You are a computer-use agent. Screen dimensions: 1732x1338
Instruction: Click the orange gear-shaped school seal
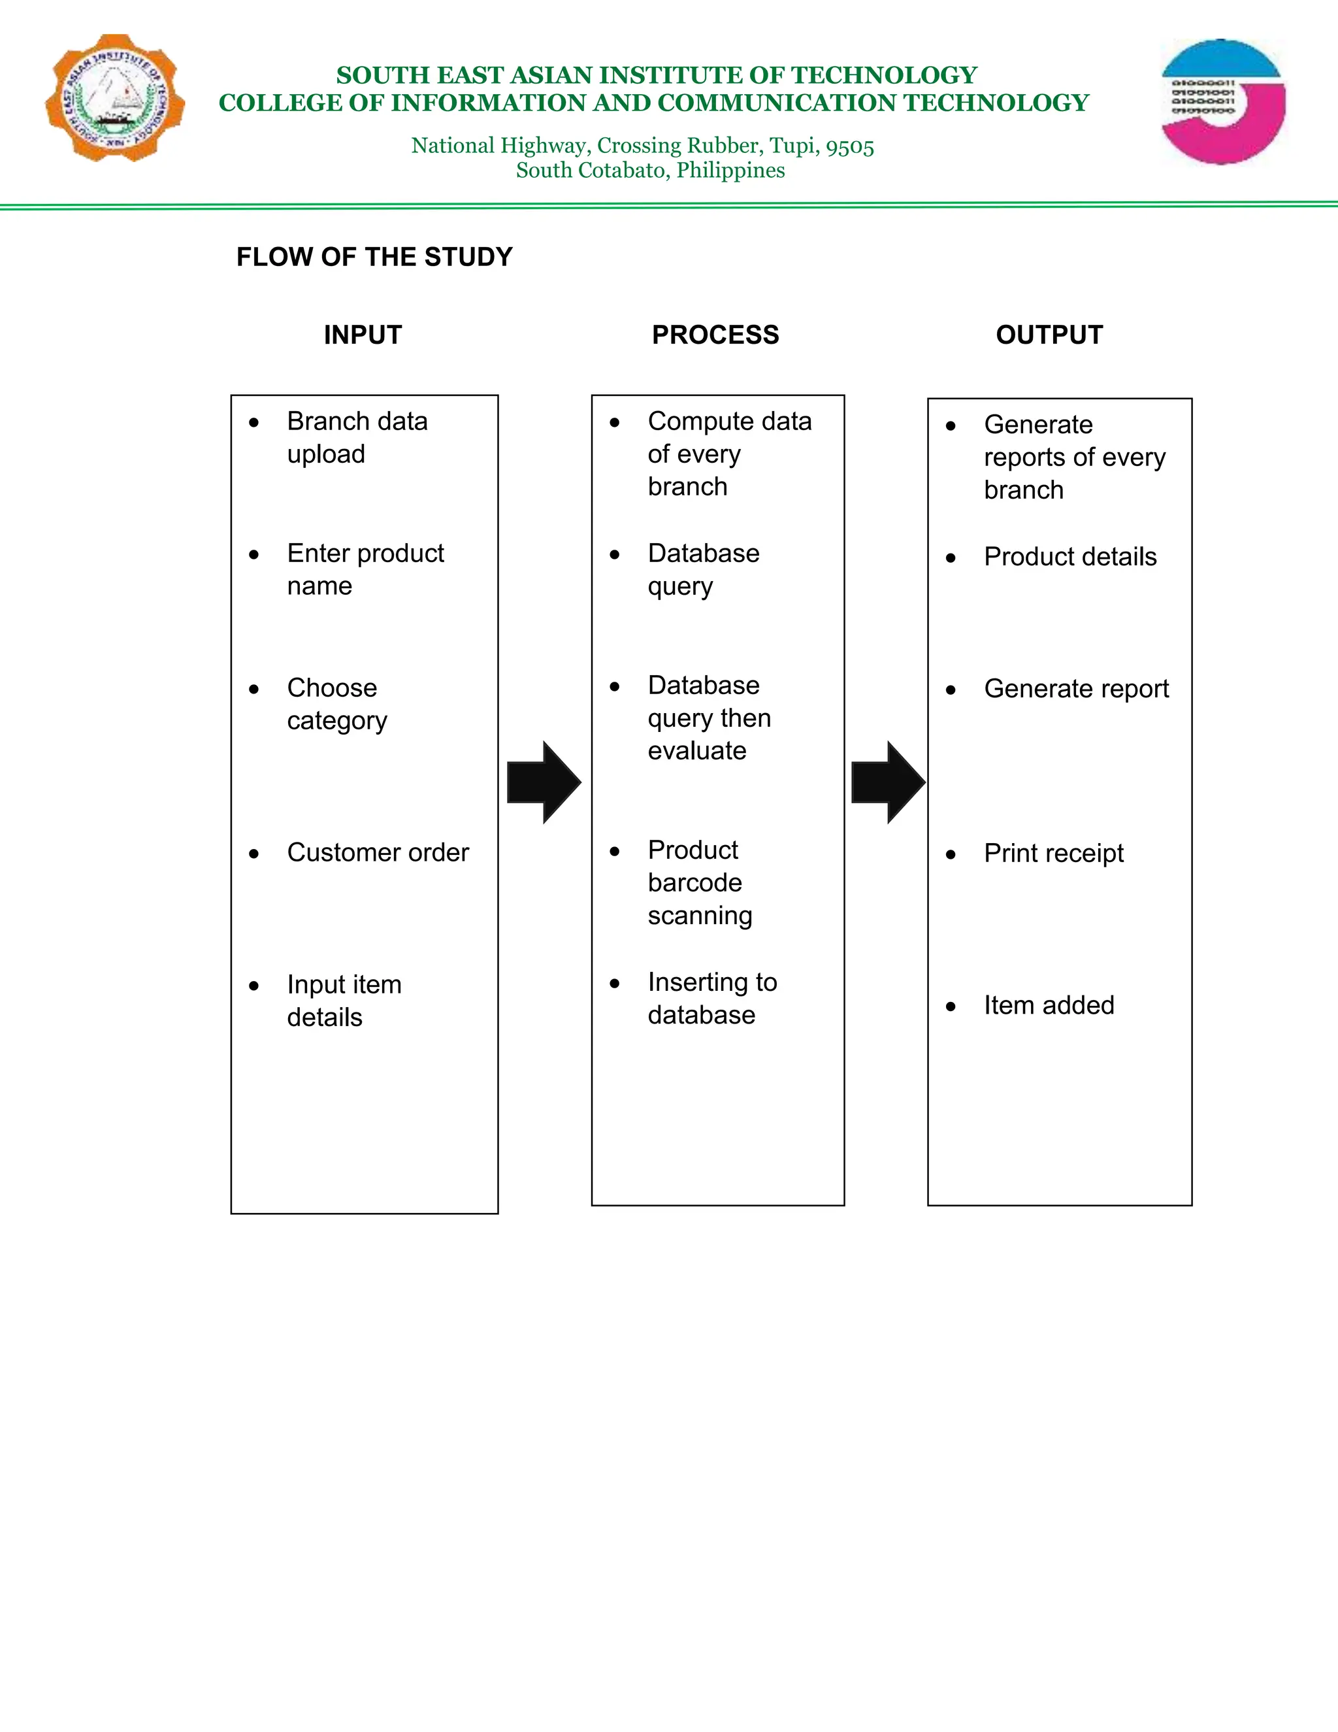click(116, 98)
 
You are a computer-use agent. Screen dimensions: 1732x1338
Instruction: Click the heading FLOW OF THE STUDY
click(374, 257)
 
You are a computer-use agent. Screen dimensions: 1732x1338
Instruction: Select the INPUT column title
click(362, 335)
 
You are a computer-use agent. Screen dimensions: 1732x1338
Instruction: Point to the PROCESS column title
click(715, 335)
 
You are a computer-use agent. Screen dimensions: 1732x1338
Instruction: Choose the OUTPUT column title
click(1049, 335)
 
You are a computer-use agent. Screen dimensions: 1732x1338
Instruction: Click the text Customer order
click(378, 852)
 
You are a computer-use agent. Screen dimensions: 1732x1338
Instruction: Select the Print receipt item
click(1053, 854)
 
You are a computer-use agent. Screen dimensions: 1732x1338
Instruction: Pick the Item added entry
click(1049, 1006)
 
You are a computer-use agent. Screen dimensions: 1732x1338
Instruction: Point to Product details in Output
click(1070, 557)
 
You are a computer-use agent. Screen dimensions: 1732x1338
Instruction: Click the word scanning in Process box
click(700, 916)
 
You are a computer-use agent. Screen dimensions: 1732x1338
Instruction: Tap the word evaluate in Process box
click(696, 751)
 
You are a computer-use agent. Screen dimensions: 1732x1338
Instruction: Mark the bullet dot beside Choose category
click(253, 689)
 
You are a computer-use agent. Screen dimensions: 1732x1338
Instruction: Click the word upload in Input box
click(326, 454)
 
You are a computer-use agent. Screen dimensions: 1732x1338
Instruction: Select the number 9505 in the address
click(850, 146)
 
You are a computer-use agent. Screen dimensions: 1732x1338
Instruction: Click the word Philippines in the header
click(730, 171)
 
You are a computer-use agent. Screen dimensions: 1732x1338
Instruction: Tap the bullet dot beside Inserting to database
click(614, 984)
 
